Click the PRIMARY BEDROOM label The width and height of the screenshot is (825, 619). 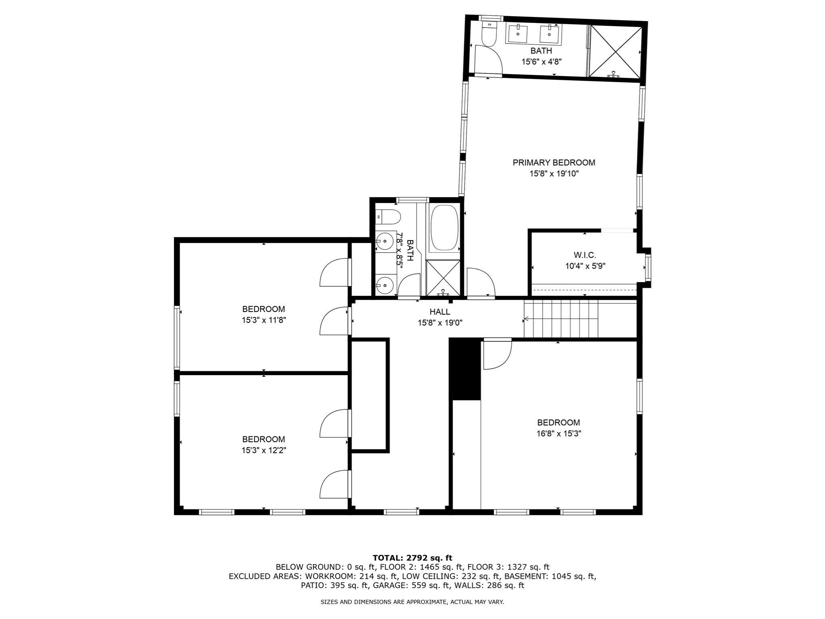point(553,162)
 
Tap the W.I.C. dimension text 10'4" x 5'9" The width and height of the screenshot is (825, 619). point(585,266)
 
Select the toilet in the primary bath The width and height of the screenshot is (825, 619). point(489,35)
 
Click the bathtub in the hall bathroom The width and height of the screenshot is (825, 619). point(444,228)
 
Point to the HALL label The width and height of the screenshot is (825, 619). point(439,312)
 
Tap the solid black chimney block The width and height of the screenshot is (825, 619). point(465,369)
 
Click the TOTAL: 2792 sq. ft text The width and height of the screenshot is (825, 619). point(412,558)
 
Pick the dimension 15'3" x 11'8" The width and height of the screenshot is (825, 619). point(263,320)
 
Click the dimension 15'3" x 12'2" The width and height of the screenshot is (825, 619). point(263,450)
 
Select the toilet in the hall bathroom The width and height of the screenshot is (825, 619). point(388,217)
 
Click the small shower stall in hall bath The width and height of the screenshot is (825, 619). point(443,277)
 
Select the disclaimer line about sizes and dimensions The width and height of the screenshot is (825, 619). point(412,602)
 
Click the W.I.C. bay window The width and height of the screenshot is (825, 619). point(647,268)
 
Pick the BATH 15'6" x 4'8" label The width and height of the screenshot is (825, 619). point(541,56)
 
